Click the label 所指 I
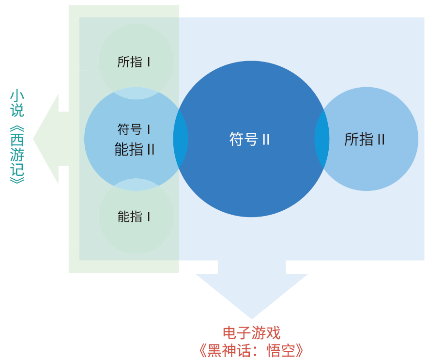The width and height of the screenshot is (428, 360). pyautogui.click(x=134, y=62)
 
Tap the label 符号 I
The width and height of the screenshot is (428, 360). pyautogui.click(x=134, y=130)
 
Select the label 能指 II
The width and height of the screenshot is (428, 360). pyautogui.click(x=135, y=149)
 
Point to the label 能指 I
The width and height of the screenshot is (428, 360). pyautogui.click(x=134, y=216)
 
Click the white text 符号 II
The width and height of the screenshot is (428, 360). pyautogui.click(x=249, y=140)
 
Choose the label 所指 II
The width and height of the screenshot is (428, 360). pyautogui.click(x=365, y=140)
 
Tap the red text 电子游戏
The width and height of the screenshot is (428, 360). pyautogui.click(x=251, y=333)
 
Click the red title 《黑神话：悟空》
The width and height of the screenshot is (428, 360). pyautogui.click(x=251, y=350)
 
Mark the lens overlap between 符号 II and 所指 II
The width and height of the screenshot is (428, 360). pyautogui.click(x=322, y=139)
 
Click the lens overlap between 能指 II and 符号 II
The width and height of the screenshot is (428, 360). pyautogui.click(x=181, y=139)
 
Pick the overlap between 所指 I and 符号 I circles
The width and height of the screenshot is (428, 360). pyautogui.click(x=136, y=94)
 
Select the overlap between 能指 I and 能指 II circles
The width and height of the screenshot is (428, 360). pyautogui.click(x=136, y=185)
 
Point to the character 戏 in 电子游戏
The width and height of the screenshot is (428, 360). pyautogui.click(x=273, y=333)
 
